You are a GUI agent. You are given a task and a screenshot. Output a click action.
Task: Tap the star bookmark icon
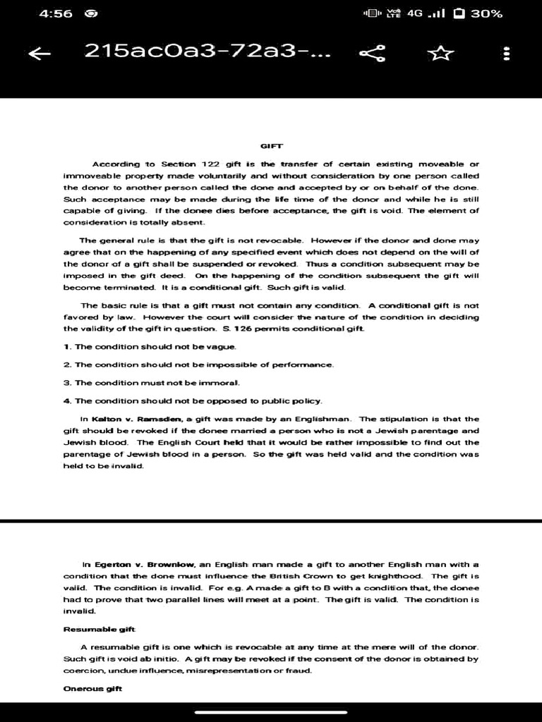[441, 52]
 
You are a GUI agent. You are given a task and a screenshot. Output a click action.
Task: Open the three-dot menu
[505, 53]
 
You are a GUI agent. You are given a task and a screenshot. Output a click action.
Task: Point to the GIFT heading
[272, 146]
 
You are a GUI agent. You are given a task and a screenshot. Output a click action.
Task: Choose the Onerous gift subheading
[93, 688]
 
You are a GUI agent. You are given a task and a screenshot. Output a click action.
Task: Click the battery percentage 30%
[486, 13]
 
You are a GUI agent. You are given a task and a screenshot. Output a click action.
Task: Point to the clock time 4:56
[56, 13]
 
